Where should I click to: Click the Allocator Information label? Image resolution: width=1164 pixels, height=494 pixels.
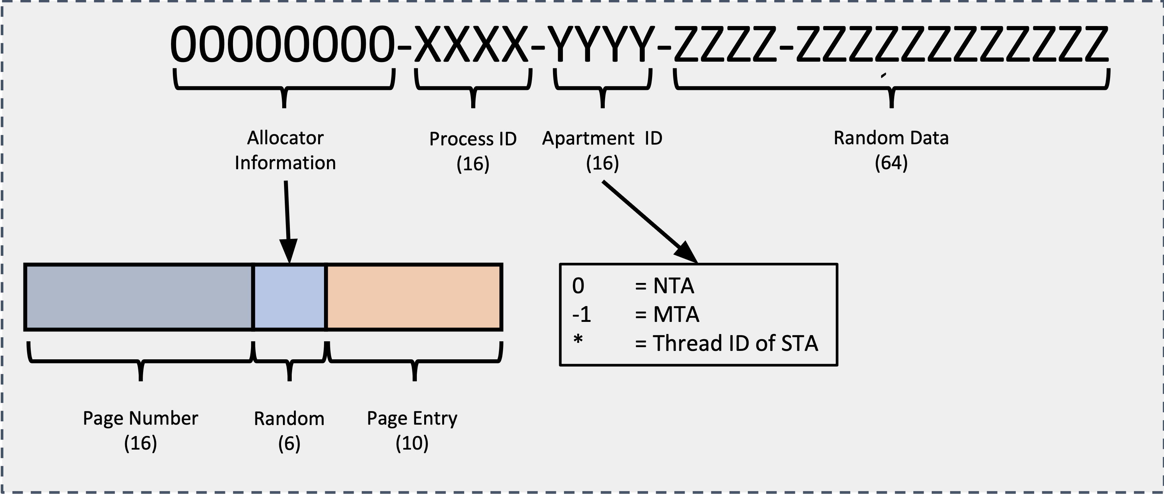[x=285, y=150]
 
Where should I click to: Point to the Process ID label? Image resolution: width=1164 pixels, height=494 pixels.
[x=473, y=139]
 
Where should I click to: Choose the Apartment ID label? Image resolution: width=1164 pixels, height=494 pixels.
[x=602, y=138]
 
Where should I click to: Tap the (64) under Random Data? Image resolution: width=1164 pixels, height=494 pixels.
[x=891, y=163]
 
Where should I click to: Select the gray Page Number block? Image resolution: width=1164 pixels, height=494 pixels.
[x=139, y=297]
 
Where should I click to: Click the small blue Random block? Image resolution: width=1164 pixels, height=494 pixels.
[x=290, y=297]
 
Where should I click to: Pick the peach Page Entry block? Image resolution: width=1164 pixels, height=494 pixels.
[x=414, y=297]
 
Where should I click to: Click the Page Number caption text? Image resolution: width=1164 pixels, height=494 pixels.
[x=140, y=418]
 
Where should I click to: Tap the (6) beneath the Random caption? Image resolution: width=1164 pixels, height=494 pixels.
[x=289, y=443]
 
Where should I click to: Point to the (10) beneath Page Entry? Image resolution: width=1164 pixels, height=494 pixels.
[x=412, y=443]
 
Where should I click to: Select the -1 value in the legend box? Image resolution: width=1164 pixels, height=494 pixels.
[x=582, y=315]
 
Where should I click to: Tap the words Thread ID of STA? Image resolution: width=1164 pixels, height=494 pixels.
[x=735, y=344]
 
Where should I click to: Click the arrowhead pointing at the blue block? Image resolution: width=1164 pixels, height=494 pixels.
[x=288, y=251]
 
